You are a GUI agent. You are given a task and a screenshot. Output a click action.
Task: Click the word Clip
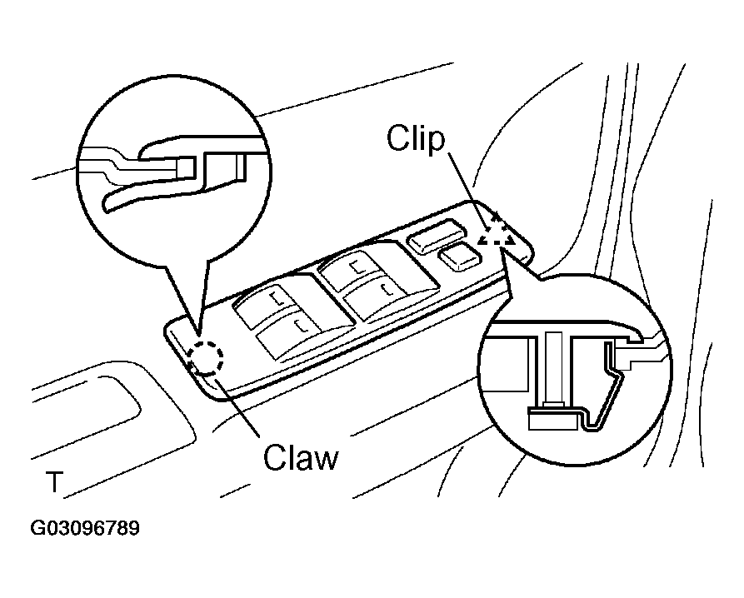(x=416, y=139)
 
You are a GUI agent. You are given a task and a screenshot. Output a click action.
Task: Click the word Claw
(x=301, y=457)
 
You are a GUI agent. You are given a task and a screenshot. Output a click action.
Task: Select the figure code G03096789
(x=85, y=528)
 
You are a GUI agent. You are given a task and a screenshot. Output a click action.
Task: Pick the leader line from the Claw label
(x=237, y=406)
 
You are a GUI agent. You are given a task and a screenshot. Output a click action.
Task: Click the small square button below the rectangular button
(x=459, y=257)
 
